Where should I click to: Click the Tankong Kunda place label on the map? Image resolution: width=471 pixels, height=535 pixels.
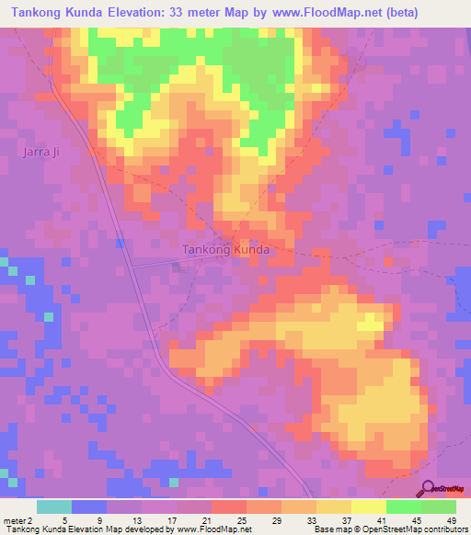coord(225,249)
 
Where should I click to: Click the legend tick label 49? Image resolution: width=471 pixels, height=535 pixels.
coord(451,518)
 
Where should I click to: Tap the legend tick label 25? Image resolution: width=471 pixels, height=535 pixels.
coord(241,518)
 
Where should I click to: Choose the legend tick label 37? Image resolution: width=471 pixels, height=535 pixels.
coord(346,518)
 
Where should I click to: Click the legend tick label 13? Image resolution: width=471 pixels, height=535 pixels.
coord(136,518)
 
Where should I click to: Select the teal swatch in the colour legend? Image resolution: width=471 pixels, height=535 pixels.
coord(54,507)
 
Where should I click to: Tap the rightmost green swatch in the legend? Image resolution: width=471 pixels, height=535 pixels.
coord(439,507)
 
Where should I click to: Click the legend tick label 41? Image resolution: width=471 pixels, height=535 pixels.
coord(381,518)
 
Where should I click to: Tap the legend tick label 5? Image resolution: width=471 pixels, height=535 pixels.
coord(67,518)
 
